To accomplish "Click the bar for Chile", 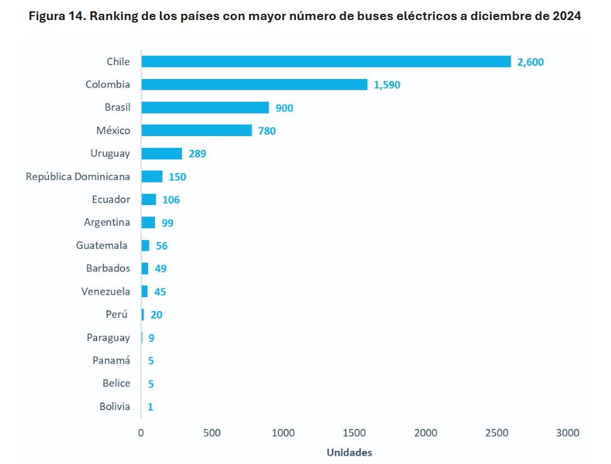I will pyautogui.click(x=326, y=61).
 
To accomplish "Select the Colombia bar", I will pyautogui.click(x=254, y=85).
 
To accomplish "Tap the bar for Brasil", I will pyautogui.click(x=205, y=107).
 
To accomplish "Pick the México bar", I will pyautogui.click(x=196, y=130).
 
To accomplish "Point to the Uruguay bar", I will pyautogui.click(x=161, y=154).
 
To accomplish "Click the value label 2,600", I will pyautogui.click(x=531, y=61).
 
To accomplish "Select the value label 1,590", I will pyautogui.click(x=387, y=85).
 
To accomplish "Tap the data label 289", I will pyautogui.click(x=197, y=154).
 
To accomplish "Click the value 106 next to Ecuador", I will pyautogui.click(x=171, y=199).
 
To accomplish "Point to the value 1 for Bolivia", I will pyautogui.click(x=151, y=406).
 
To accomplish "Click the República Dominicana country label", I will pyautogui.click(x=78, y=176).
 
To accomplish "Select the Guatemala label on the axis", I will pyautogui.click(x=102, y=245).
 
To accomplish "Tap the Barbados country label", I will pyautogui.click(x=108, y=268).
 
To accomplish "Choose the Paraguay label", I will pyautogui.click(x=108, y=337).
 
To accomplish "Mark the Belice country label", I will pyautogui.click(x=116, y=383).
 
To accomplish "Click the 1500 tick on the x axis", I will pyautogui.click(x=354, y=433).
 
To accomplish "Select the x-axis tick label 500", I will pyautogui.click(x=212, y=433).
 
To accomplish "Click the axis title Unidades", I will pyautogui.click(x=349, y=452).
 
